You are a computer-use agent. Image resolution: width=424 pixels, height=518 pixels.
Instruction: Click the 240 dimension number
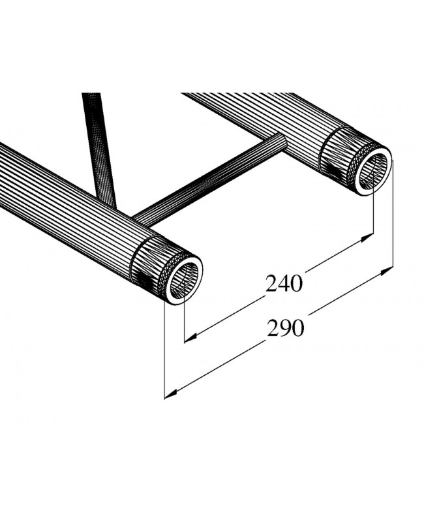284,284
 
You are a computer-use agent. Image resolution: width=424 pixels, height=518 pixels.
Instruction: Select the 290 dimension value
286,328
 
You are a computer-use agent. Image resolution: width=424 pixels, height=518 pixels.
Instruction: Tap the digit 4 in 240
284,284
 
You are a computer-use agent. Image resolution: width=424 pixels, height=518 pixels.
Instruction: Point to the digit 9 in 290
286,328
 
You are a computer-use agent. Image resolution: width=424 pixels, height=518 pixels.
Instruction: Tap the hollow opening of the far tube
372,169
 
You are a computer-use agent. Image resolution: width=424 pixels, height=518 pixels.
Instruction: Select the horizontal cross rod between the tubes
209,179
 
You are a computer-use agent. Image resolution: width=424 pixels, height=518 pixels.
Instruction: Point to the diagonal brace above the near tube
99,144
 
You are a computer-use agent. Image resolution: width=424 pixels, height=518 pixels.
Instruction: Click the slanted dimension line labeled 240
235,313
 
